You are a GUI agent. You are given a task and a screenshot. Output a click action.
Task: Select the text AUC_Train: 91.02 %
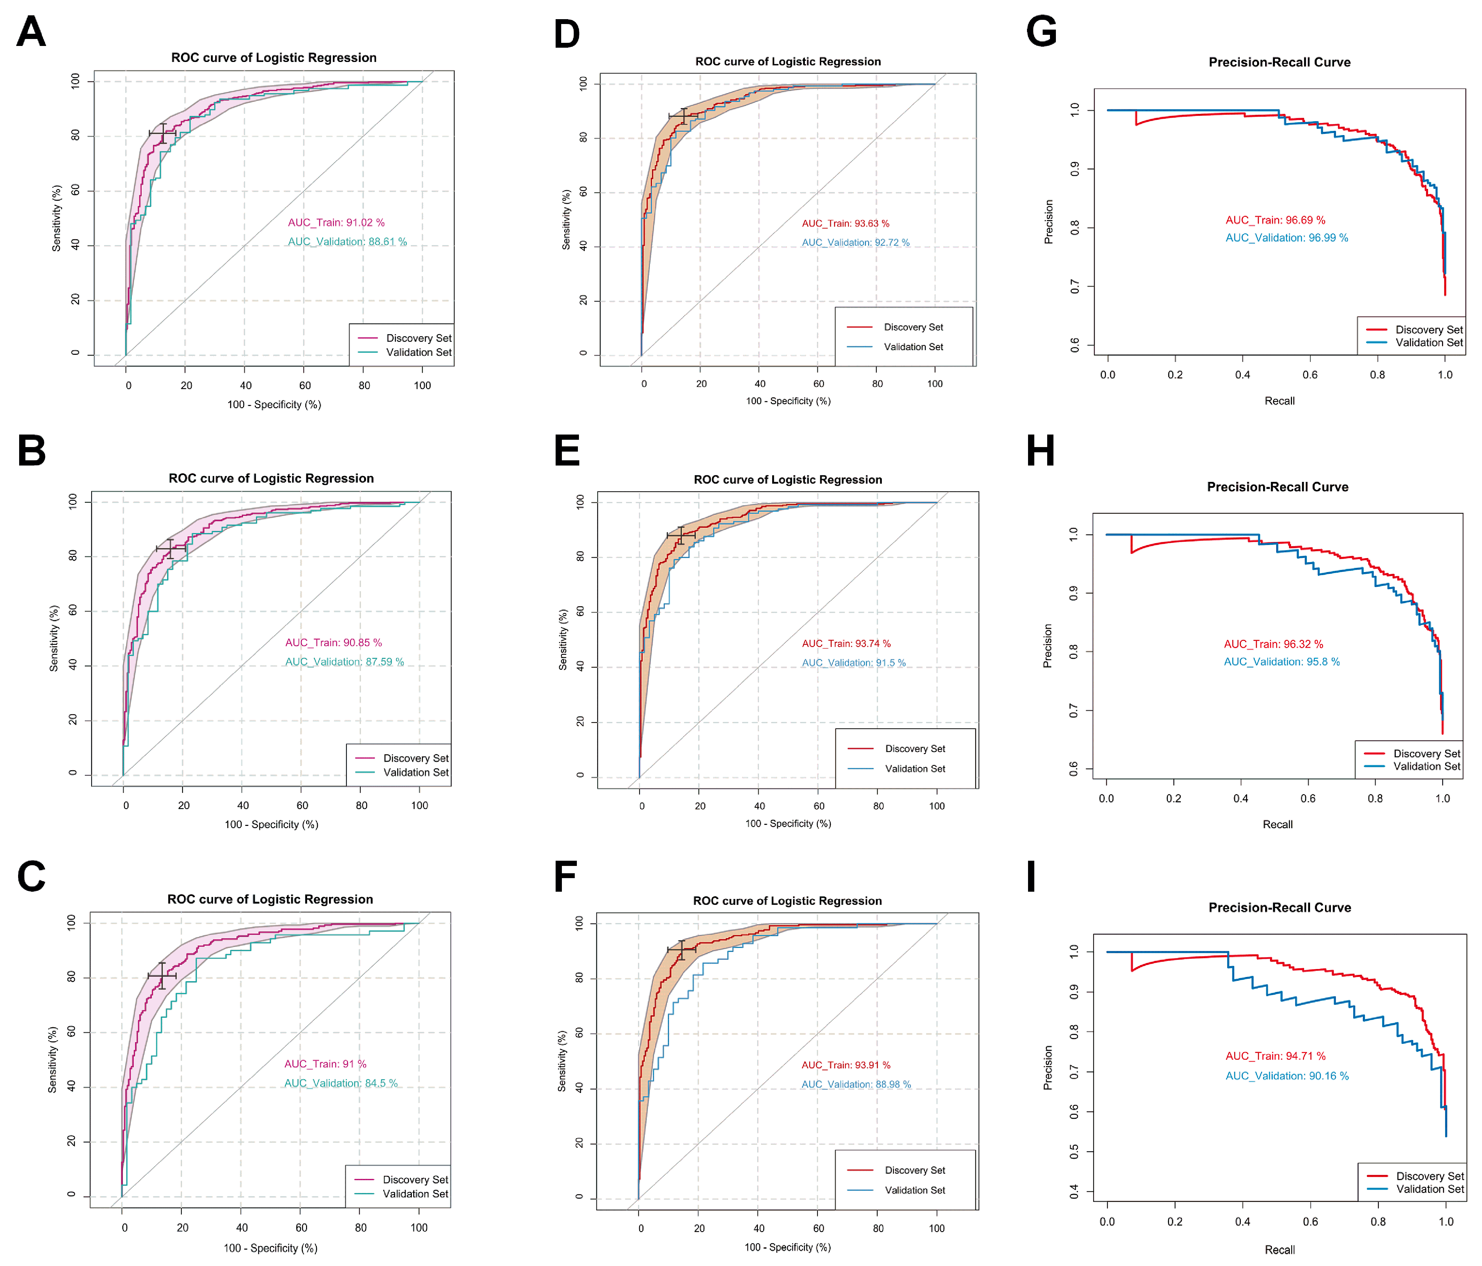click(x=336, y=222)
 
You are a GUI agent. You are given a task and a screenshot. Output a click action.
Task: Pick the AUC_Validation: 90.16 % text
click(x=1287, y=1076)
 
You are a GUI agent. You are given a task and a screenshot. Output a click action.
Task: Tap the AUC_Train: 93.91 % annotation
click(x=845, y=1065)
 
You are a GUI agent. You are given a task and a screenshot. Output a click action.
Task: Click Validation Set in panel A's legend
click(x=418, y=352)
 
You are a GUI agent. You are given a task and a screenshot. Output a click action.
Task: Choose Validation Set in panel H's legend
click(x=1426, y=766)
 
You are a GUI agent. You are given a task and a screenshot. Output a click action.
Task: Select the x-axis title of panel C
click(x=270, y=1248)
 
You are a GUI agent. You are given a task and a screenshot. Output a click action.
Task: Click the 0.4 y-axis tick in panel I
click(x=1074, y=1191)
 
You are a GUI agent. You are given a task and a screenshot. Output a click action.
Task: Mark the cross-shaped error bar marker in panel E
click(x=681, y=535)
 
